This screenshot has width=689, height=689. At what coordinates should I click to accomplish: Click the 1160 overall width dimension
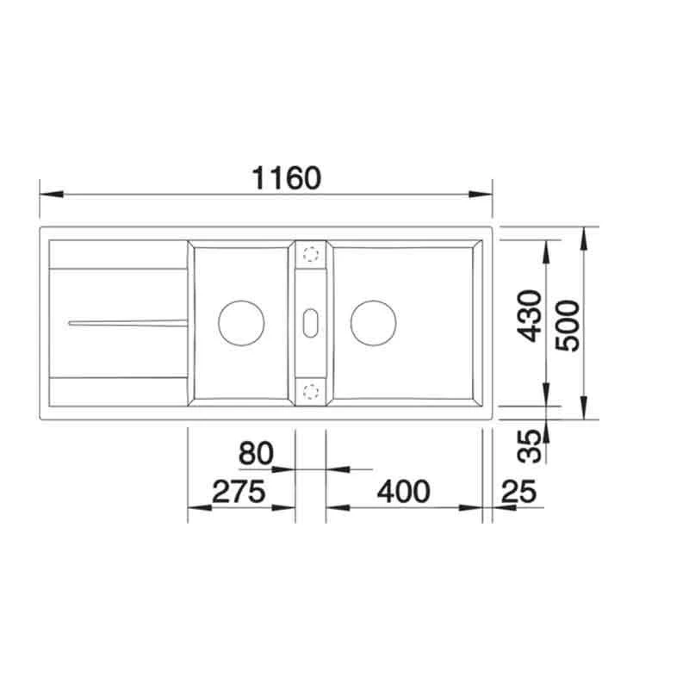[x=287, y=178]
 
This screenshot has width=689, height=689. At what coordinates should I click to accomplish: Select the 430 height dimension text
[x=531, y=315]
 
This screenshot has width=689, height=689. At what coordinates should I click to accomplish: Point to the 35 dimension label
[x=531, y=444]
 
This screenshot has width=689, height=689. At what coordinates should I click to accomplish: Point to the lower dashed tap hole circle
[x=310, y=391]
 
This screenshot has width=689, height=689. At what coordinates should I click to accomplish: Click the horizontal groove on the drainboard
[x=126, y=322]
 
